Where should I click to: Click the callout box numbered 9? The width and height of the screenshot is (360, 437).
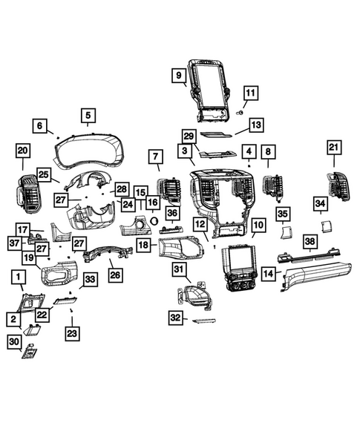tap(179, 75)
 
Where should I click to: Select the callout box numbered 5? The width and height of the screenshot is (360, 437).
tap(88, 115)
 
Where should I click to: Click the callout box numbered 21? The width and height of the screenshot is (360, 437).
tap(333, 148)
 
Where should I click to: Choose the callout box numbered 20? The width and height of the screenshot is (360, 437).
tap(22, 151)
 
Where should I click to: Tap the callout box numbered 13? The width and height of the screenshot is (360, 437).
tap(256, 125)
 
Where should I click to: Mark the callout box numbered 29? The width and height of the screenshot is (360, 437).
tap(189, 136)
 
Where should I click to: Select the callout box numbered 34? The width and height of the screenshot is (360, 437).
tap(320, 203)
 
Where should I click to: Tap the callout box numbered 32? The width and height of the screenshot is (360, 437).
tap(176, 318)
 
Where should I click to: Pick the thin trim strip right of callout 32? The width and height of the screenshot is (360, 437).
tap(204, 321)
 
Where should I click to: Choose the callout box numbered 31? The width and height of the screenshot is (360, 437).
tap(179, 268)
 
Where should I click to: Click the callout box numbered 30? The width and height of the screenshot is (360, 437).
tap(15, 341)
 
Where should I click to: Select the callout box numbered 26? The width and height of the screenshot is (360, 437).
tap(115, 274)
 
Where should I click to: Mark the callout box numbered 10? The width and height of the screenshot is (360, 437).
tap(258, 224)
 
